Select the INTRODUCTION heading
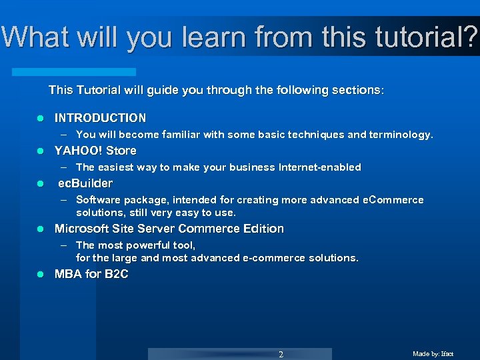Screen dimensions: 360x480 tap(100, 118)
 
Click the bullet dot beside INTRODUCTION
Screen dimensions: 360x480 tap(40, 119)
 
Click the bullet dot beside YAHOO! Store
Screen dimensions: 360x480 tap(40, 151)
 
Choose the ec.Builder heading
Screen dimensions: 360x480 tap(85, 183)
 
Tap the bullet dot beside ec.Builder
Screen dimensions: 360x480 tap(40, 184)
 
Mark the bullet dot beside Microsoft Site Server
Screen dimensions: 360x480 tap(40, 229)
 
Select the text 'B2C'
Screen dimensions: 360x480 tap(116, 274)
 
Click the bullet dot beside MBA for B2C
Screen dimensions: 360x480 tap(40, 275)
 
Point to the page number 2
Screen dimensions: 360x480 tap(281, 354)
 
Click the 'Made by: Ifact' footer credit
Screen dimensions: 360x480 tap(433, 354)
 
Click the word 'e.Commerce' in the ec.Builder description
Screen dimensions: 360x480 tap(393, 200)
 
